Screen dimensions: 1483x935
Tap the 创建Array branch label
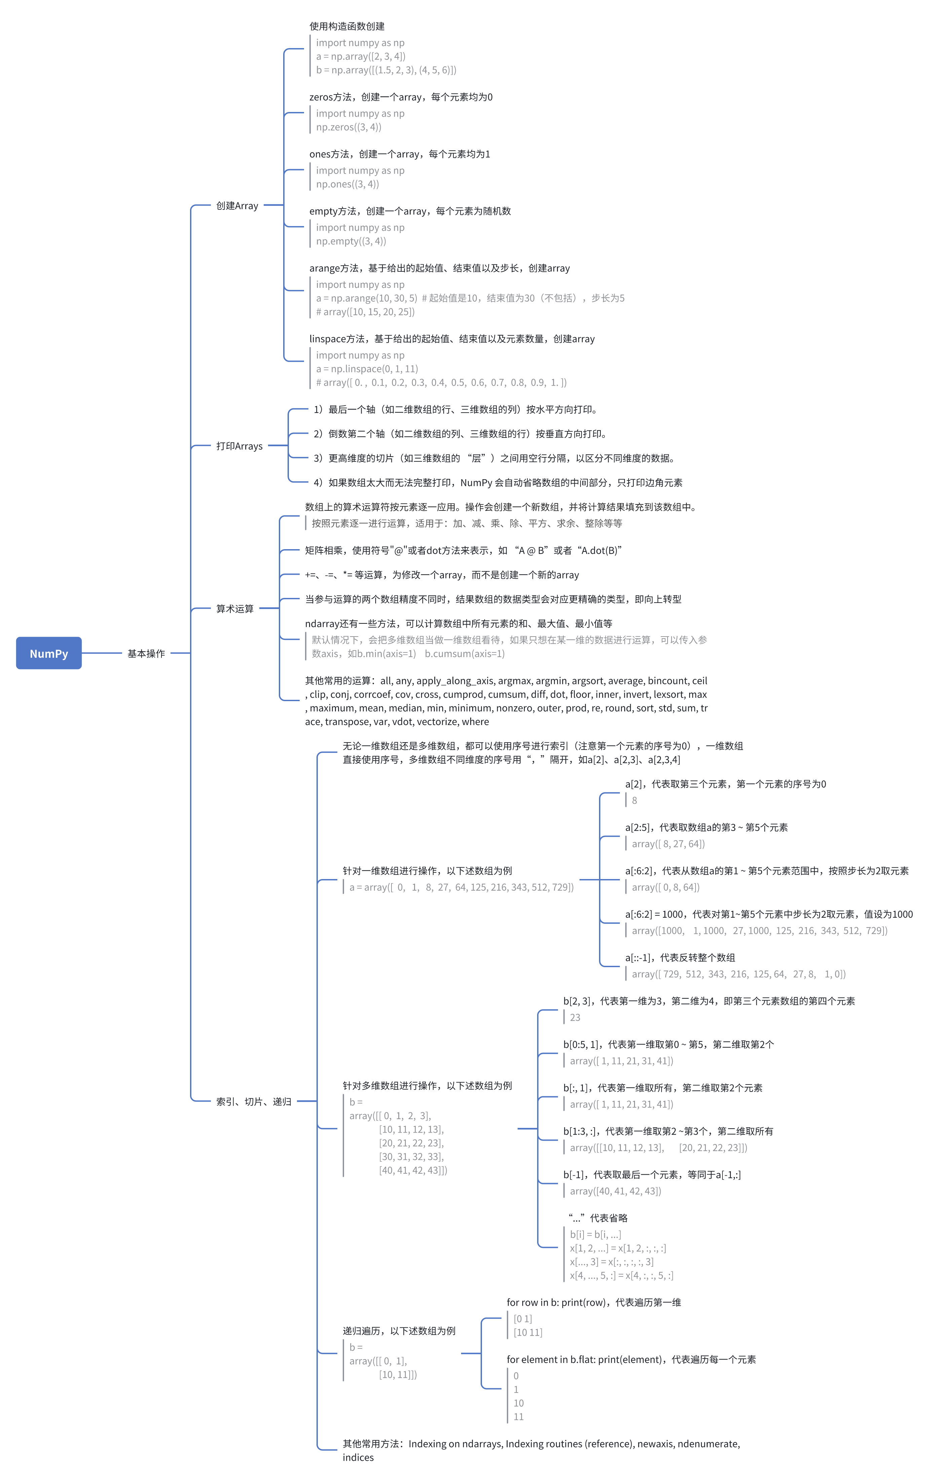point(237,206)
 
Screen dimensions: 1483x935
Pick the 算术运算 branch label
point(235,608)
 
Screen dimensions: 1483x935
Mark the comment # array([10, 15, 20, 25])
point(365,312)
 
